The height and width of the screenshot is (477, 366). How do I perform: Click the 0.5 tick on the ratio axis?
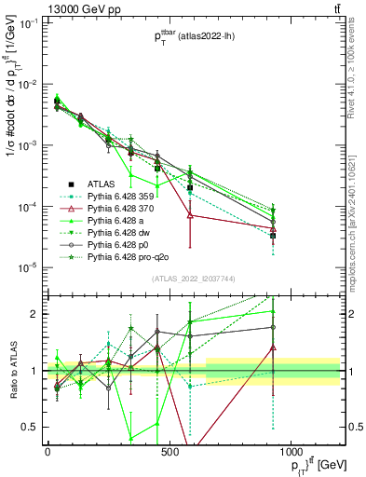31,428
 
